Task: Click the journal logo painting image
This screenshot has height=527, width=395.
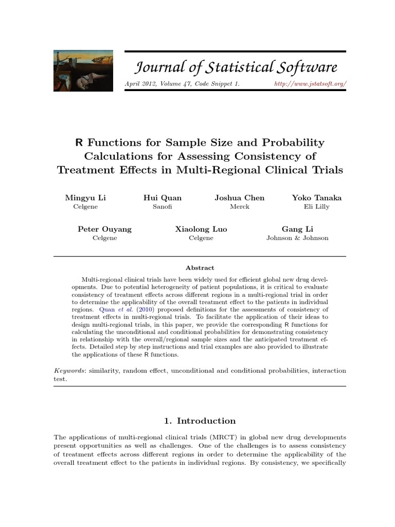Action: click(x=83, y=71)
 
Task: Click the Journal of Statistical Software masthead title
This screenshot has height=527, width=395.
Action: click(x=236, y=67)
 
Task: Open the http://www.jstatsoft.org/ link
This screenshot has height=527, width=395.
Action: click(x=310, y=83)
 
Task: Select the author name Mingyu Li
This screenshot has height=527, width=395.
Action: click(x=85, y=198)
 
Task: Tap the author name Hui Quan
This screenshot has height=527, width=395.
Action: click(x=163, y=198)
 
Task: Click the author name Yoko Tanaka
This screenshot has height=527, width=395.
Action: click(x=316, y=198)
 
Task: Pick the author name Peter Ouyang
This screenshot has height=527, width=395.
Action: click(x=104, y=229)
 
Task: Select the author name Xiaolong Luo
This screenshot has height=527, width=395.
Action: click(x=201, y=229)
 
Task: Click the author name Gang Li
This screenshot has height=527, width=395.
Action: click(x=297, y=229)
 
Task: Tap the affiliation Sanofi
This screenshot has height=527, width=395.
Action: click(x=163, y=207)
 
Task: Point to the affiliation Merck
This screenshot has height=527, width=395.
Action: click(x=240, y=207)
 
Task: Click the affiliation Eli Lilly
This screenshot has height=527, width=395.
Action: click(x=316, y=207)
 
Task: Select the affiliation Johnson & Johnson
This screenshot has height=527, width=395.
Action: click(x=297, y=238)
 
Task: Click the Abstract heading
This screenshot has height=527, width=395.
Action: click(x=200, y=268)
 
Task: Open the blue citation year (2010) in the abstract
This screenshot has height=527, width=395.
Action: click(x=147, y=309)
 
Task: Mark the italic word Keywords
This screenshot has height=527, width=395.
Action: click(x=68, y=371)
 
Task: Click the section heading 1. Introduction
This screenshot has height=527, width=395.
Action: click(x=200, y=421)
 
